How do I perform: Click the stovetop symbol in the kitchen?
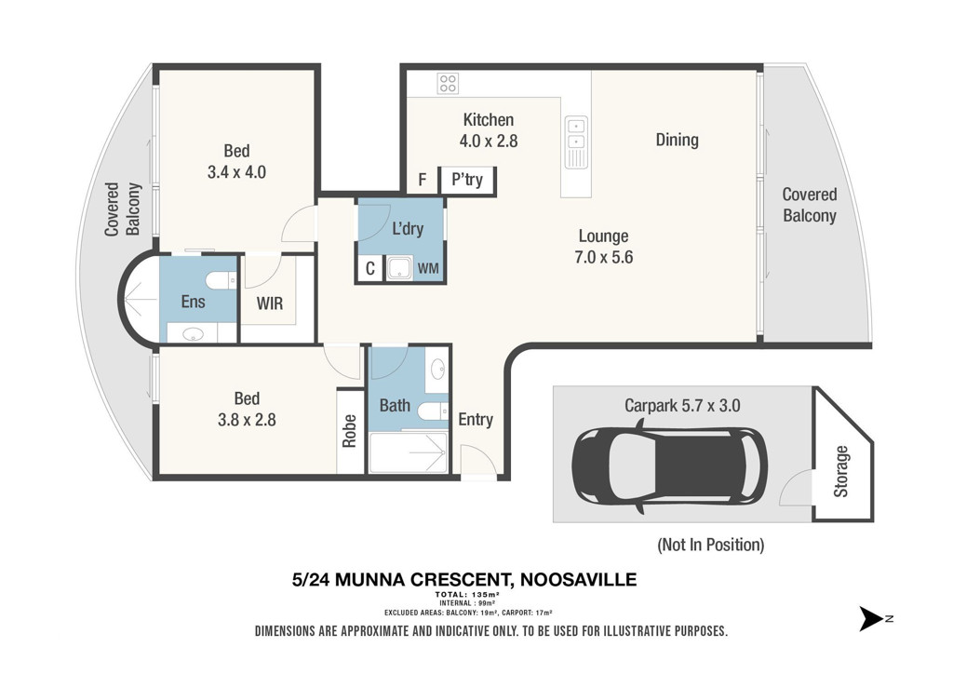tap(448, 83)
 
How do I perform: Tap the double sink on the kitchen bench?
tap(575, 142)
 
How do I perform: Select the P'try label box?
tap(467, 180)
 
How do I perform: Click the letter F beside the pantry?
tap(423, 180)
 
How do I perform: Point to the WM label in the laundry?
tap(428, 269)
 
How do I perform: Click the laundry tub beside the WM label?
tap(400, 268)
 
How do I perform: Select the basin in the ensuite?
tap(194, 333)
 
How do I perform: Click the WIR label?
tap(270, 303)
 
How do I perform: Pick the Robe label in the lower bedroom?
tap(350, 431)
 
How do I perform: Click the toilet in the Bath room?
tap(432, 411)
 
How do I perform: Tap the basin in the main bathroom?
tap(438, 369)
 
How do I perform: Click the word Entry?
tap(476, 419)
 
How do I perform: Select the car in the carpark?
tap(669, 466)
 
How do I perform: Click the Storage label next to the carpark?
tap(841, 472)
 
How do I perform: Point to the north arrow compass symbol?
tap(872, 619)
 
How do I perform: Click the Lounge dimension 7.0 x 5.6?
tap(603, 257)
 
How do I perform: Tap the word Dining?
tap(678, 140)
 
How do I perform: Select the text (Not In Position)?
tap(710, 545)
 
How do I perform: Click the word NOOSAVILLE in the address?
tap(579, 580)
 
